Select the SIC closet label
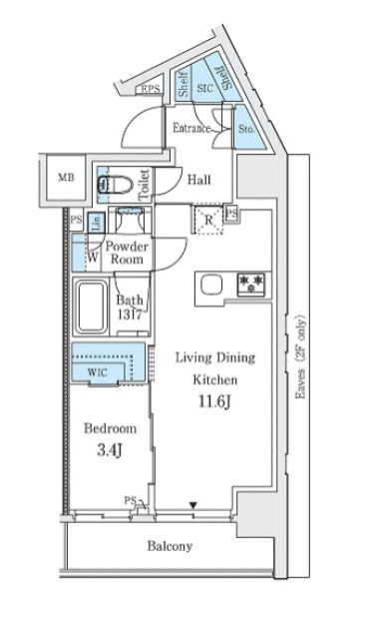click(204, 87)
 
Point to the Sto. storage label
click(246, 127)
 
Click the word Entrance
click(190, 128)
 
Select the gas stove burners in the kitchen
click(249, 286)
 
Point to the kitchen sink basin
click(212, 287)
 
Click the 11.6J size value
click(215, 403)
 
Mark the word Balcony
click(170, 546)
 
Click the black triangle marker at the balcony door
click(192, 507)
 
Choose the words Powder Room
click(127, 252)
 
